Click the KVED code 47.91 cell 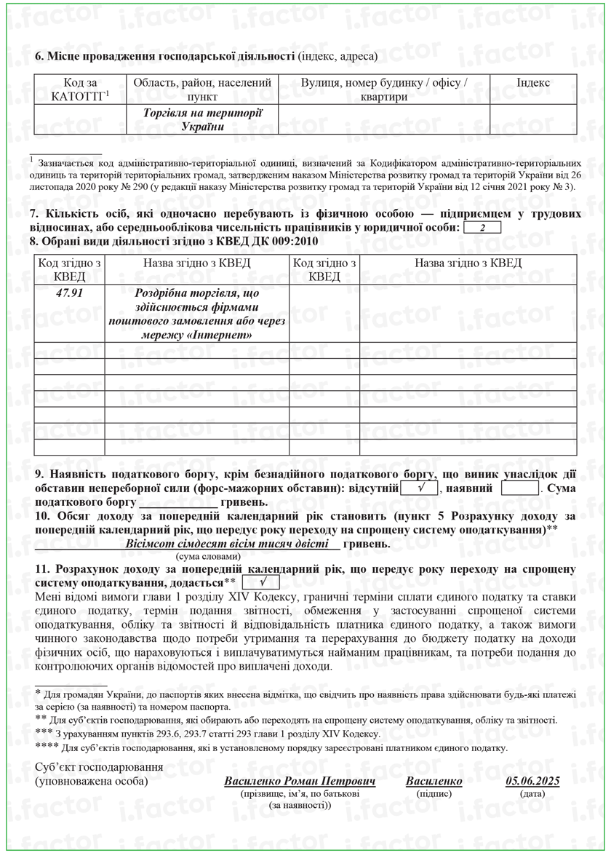pos(70,293)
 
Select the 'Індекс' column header pos(533,83)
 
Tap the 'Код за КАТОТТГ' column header pos(80,90)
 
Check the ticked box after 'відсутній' pos(420,488)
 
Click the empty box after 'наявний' pos(519,488)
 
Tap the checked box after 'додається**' pos(261,582)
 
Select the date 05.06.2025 pos(532,781)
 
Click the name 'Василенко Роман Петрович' pos(300,781)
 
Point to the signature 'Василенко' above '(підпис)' pos(434,781)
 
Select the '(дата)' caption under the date pos(532,793)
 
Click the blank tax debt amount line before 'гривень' pos(177,503)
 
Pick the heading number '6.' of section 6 pos(40,56)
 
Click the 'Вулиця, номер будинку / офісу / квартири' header pos(384,90)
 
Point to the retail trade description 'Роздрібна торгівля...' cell pos(197,314)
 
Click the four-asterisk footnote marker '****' pos(47,746)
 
